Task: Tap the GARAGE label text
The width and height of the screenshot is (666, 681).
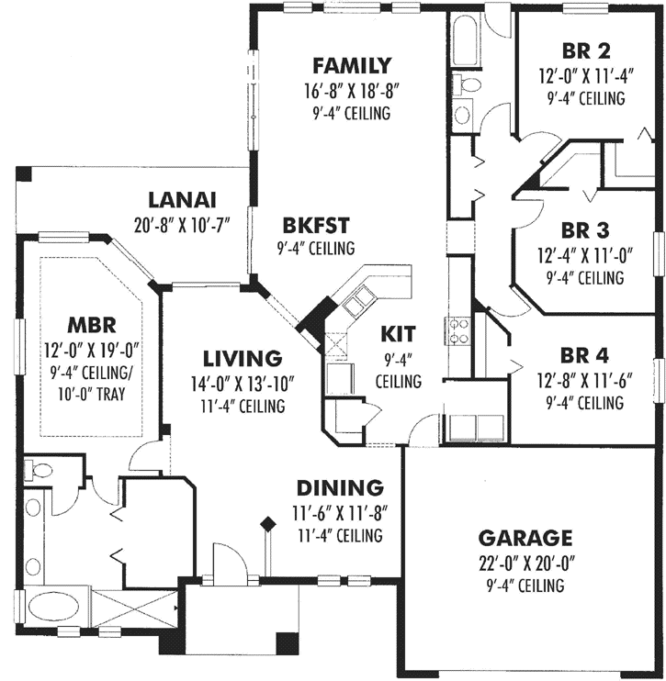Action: coord(526,538)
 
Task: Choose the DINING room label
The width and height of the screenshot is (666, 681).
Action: coord(339,486)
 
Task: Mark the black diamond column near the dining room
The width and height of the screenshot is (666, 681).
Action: coord(268,524)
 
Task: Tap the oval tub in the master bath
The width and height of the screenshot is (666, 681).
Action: coord(52,607)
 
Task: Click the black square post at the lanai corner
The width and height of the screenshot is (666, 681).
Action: coord(24,173)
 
